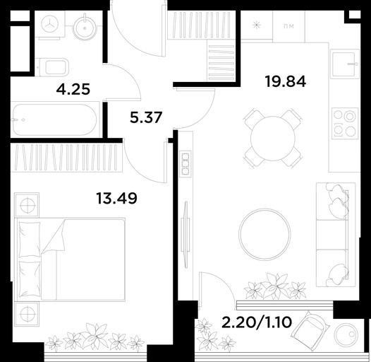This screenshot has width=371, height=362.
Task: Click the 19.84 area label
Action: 286,81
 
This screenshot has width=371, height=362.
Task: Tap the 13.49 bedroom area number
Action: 116,198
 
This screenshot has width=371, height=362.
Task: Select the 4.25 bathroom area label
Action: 73,89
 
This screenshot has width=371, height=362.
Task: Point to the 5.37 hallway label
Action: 146,117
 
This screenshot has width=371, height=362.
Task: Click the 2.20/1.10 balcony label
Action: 257,322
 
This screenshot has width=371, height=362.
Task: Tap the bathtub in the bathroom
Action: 55,119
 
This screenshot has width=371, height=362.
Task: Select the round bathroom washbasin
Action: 85,28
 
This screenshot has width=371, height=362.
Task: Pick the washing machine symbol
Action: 50,25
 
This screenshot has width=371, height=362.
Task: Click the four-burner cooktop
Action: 345,123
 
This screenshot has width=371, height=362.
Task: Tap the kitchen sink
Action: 345,63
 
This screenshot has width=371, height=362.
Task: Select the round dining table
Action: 272,138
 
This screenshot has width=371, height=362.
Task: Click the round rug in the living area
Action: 264,234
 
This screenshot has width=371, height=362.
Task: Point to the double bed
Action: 70,259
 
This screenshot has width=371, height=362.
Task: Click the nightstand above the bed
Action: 27,205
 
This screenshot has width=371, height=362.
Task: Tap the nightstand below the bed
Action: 27,314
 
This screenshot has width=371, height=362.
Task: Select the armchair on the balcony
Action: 310,328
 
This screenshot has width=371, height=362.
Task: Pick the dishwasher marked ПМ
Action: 288,26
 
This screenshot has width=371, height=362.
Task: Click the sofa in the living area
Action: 336,234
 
